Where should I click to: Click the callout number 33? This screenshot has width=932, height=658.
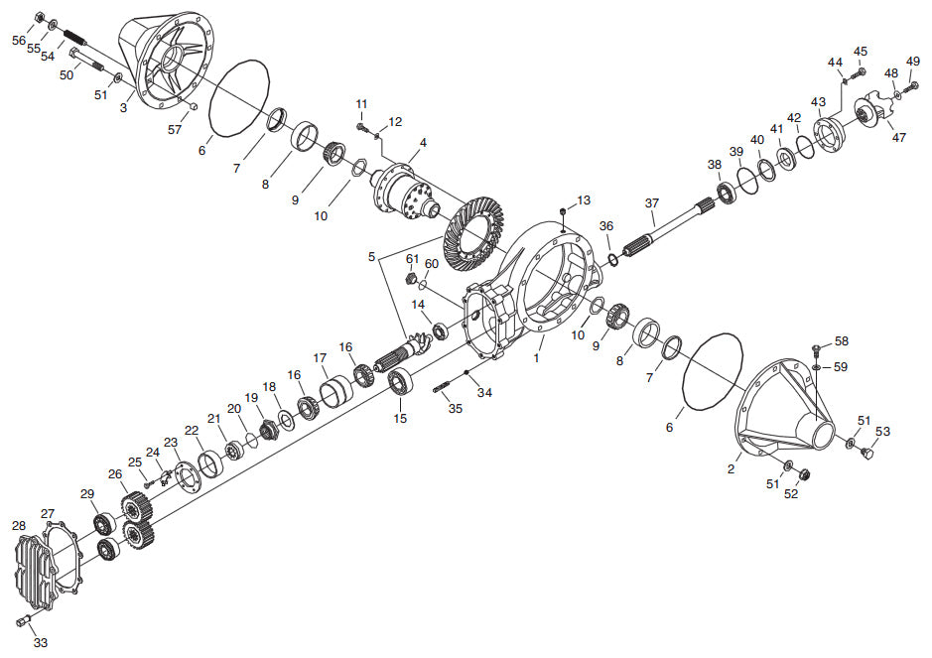pos(40,643)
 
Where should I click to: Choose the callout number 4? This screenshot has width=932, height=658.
pos(423,143)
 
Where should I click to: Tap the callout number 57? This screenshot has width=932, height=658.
pos(175,129)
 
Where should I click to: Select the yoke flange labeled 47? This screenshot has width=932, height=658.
pos(877,108)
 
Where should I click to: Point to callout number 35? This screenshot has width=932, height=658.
pos(455,408)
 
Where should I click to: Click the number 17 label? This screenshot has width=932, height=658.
pos(321,358)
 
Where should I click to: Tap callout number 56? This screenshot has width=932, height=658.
pos(19,40)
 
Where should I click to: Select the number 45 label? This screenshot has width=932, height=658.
pos(861,52)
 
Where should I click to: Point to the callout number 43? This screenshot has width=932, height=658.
pos(818,102)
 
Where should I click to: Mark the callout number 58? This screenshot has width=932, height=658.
pos(841,341)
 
